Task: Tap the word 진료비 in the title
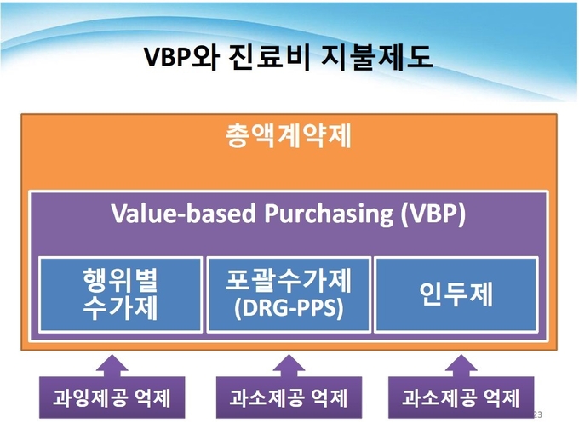tap(269, 58)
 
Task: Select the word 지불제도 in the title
tap(377, 58)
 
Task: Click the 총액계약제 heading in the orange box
tap(289, 136)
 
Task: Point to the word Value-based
tap(184, 214)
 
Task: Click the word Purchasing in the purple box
tap(329, 214)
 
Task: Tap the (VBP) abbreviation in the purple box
tap(433, 214)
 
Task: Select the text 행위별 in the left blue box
tap(120, 280)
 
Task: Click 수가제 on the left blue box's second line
tap(120, 308)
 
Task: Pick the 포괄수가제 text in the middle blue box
tap(289, 280)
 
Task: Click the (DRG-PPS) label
tap(289, 308)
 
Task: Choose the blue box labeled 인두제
tap(456, 294)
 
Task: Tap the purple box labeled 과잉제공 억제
tap(112, 397)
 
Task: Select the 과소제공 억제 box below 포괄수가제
tap(289, 397)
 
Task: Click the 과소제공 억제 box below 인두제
tap(461, 397)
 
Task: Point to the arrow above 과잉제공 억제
tap(112, 366)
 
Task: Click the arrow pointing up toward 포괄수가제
tap(289, 366)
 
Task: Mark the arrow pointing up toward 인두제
tap(461, 366)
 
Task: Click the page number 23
tap(537, 414)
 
